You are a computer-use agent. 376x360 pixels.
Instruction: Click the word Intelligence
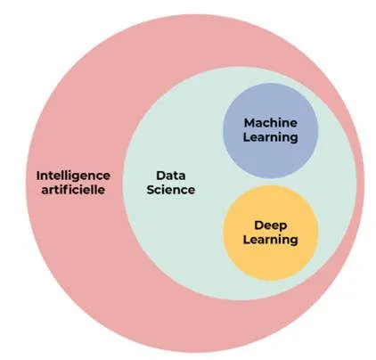pos(73,176)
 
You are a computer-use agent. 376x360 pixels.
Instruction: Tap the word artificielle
pos(73,190)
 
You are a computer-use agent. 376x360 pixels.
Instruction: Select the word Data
pos(171,176)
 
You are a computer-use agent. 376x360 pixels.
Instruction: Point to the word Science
pos(171,190)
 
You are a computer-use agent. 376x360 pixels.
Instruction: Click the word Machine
pos(271,123)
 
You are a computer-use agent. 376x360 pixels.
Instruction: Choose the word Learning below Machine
pos(271,138)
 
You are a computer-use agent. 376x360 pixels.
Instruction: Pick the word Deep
pos(271,226)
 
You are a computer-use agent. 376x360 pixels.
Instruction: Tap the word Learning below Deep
pos(271,240)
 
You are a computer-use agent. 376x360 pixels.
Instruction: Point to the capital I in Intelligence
pos(37,176)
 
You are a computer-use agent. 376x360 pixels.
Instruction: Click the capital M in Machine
pos(249,123)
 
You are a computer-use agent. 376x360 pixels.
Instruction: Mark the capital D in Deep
pos(258,225)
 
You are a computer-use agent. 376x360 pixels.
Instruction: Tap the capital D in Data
pos(160,176)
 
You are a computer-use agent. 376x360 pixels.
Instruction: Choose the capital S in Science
pos(151,190)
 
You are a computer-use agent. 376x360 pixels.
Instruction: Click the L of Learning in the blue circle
pos(247,137)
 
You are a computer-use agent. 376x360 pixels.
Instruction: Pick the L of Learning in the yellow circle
pos(247,240)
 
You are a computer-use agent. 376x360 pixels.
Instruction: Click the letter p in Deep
pos(283,227)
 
